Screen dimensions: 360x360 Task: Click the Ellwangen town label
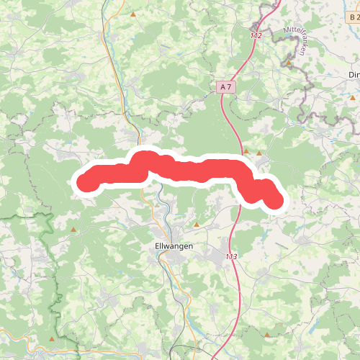[174, 245]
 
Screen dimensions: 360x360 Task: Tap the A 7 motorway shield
[226, 86]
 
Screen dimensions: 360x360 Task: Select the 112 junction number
[257, 35]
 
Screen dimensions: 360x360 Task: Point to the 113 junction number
[231, 257]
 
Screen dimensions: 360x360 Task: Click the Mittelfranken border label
[301, 40]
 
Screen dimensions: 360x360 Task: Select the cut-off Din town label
[354, 75]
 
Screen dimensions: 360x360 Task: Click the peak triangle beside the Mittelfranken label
[289, 63]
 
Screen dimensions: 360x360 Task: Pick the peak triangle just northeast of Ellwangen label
[197, 225]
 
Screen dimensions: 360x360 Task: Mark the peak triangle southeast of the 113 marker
[268, 335]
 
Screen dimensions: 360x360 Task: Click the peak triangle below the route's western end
[73, 230]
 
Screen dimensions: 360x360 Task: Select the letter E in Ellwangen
[158, 245]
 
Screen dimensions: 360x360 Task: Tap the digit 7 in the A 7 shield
[230, 86]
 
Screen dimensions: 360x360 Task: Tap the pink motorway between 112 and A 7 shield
[242, 61]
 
